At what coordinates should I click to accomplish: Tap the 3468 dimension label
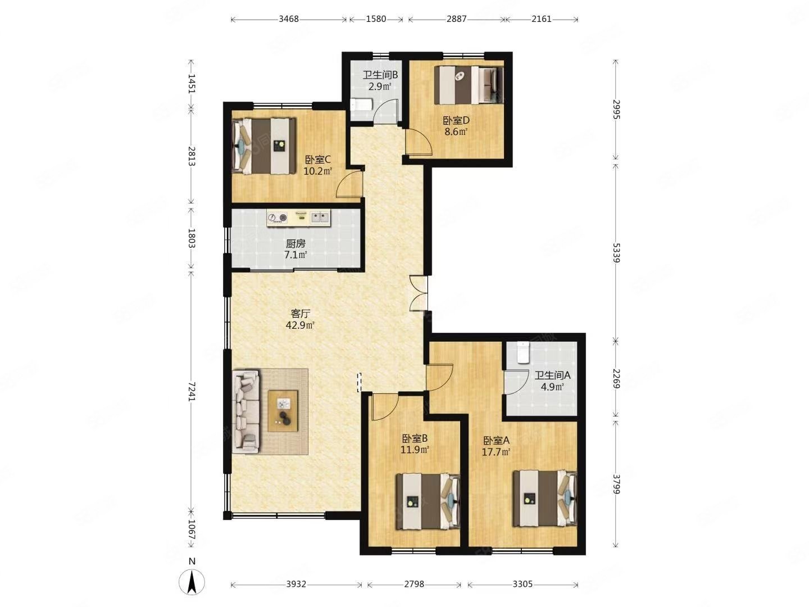click(288, 19)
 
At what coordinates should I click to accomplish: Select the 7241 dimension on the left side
click(191, 391)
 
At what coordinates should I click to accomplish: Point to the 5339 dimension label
click(616, 252)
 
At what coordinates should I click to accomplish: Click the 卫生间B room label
click(380, 75)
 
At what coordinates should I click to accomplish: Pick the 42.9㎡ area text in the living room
click(300, 325)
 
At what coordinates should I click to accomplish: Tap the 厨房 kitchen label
click(296, 243)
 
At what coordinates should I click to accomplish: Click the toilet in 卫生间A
click(523, 352)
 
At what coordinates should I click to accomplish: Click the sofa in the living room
click(246, 411)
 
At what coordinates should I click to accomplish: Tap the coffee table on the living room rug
click(283, 410)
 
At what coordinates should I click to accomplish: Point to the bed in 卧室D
click(469, 85)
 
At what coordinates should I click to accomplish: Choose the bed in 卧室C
click(264, 146)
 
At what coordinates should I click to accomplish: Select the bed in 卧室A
click(545, 498)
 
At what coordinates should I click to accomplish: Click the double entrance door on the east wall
click(419, 293)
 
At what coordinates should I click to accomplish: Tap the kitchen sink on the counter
click(320, 217)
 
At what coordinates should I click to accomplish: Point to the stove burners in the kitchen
click(277, 218)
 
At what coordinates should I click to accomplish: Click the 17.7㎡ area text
click(496, 452)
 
